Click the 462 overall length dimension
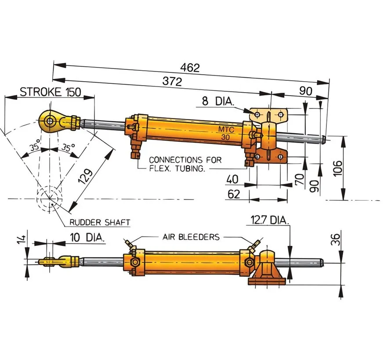tap(190, 68)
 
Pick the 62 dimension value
tap(234, 194)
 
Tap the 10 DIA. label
tap(87, 238)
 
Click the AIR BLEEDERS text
tap(191, 237)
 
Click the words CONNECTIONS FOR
tap(185, 160)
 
